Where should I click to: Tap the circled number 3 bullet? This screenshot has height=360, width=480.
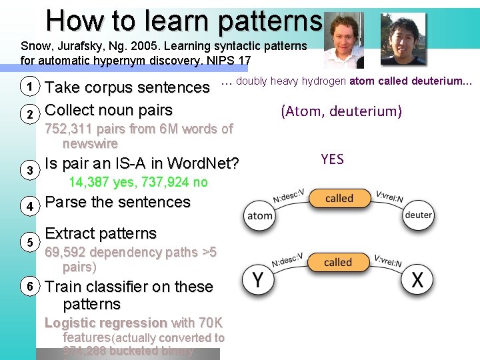click(29, 171)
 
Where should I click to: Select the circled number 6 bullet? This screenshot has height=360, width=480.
click(29, 286)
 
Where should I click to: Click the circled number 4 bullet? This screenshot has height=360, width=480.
click(29, 207)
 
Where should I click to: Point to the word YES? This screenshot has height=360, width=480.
click(332, 159)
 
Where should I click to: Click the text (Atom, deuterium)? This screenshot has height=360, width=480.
click(341, 111)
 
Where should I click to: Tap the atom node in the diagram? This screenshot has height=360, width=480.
click(260, 216)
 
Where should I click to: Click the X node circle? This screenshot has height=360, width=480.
click(417, 280)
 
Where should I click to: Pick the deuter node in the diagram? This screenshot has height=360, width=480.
click(419, 215)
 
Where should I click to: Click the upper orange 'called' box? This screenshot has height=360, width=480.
click(339, 199)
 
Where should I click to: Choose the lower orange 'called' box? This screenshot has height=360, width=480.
click(338, 262)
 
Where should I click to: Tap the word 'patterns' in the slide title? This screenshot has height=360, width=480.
click(270, 21)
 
